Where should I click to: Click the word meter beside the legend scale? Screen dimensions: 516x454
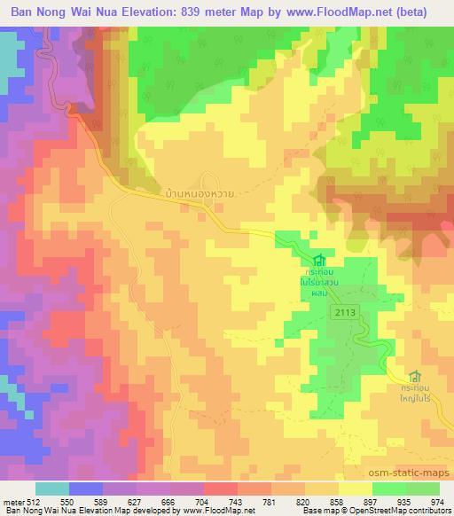pos(13,501)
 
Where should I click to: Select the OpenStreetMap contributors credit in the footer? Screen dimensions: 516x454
pos(408,512)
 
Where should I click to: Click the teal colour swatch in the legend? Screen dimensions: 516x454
pos(52,489)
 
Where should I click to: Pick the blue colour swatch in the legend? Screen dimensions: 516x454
pos(86,489)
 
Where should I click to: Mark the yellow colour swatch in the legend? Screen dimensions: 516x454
pos(355,489)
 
